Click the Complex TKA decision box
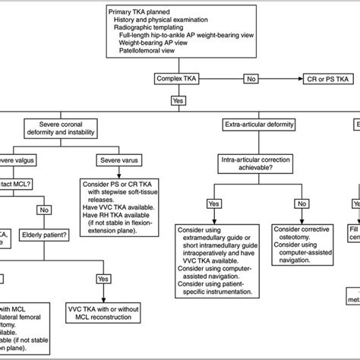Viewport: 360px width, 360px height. pos(176,78)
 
